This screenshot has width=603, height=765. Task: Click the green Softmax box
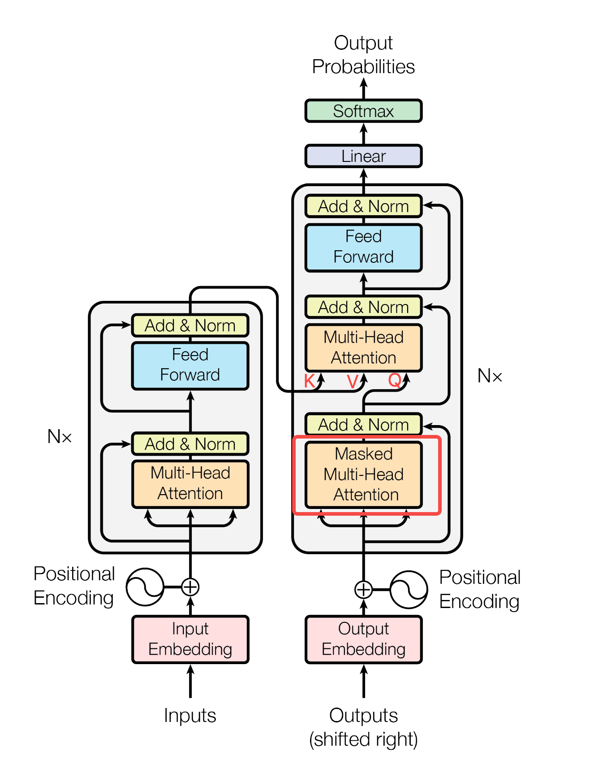tap(363, 111)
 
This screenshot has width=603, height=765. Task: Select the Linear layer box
tap(363, 156)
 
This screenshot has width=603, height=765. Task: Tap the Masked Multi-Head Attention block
tap(363, 475)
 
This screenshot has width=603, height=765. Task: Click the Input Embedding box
tap(190, 639)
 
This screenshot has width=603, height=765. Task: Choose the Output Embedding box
tap(363, 639)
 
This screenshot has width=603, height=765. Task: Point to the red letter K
tap(309, 381)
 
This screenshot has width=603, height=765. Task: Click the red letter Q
tap(395, 380)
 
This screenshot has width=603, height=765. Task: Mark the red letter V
tap(353, 382)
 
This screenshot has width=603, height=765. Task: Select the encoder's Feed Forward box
tap(190, 365)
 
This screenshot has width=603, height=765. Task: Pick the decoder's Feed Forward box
tap(363, 248)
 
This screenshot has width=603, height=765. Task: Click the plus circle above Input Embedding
tap(190, 587)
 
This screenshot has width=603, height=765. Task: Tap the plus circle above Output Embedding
tap(363, 590)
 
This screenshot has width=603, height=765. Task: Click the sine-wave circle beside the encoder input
tap(145, 587)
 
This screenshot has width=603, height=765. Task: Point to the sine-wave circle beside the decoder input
tap(409, 590)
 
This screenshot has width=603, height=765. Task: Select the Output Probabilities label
tap(363, 55)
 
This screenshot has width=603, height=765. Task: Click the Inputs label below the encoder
tap(190, 715)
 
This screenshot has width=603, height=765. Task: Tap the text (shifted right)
tap(363, 739)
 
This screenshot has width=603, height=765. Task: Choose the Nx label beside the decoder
tap(490, 376)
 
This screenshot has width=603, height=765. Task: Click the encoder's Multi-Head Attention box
tap(190, 484)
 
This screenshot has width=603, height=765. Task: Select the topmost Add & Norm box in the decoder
tap(363, 206)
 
